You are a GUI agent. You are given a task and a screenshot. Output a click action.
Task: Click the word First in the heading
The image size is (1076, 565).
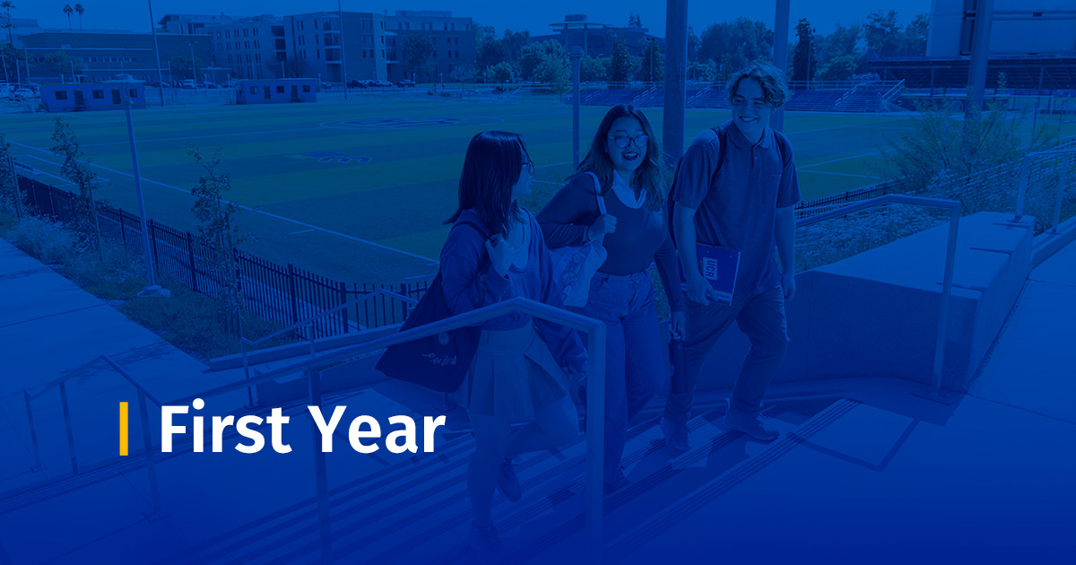pyautogui.click(x=225, y=428)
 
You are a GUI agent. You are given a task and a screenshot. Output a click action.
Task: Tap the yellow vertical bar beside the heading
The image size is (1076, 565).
pyautogui.click(x=124, y=428)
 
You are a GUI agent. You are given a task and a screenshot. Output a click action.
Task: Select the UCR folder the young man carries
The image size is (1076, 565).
pyautogui.click(x=716, y=273)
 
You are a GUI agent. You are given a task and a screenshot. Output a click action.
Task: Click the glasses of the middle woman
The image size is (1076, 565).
pyautogui.click(x=629, y=141)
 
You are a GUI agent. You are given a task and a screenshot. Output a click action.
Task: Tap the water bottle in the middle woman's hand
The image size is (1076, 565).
pyautogui.click(x=679, y=362)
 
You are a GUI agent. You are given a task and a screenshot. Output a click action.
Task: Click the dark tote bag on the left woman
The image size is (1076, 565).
pyautogui.click(x=429, y=336)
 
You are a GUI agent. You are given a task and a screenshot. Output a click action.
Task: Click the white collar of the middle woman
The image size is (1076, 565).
pyautogui.click(x=628, y=189)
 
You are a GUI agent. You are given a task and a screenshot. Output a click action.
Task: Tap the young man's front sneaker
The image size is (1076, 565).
pyautogui.click(x=751, y=426)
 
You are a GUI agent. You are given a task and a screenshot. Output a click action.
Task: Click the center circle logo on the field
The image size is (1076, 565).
pyautogui.click(x=411, y=122)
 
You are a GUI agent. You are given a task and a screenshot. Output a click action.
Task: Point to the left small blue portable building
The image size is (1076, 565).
pyautogui.click(x=93, y=94)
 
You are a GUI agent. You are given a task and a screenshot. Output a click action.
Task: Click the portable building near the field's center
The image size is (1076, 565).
pyautogui.click(x=277, y=91)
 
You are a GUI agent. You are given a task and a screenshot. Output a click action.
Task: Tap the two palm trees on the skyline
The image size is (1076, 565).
pyautogui.click(x=74, y=14)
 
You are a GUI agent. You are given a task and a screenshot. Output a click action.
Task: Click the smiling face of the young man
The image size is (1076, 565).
pyautogui.click(x=751, y=107)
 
